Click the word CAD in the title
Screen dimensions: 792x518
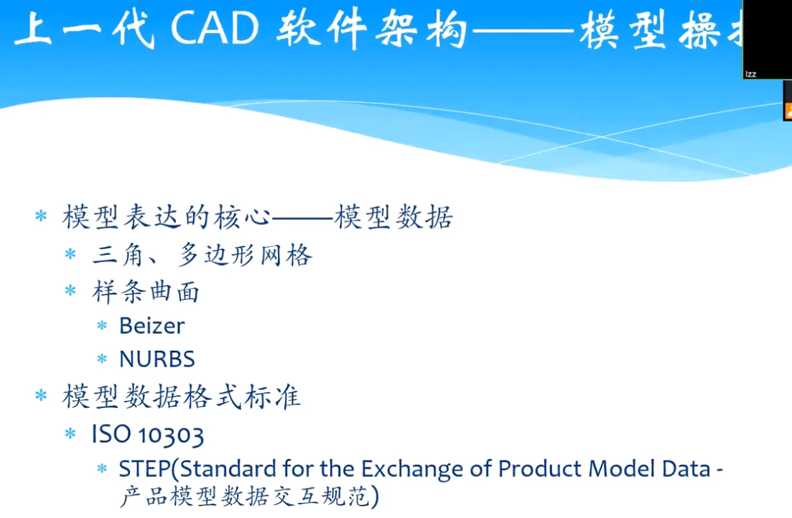point(215,28)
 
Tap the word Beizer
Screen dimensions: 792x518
point(152,326)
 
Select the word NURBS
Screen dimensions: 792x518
point(157,359)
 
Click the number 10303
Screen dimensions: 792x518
point(171,435)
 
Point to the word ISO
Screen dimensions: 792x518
point(111,434)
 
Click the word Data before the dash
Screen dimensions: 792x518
point(686,469)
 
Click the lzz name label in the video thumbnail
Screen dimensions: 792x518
point(750,74)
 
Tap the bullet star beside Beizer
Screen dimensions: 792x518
point(102,325)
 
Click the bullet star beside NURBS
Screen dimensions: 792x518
point(102,359)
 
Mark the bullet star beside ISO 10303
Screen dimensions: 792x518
point(70,433)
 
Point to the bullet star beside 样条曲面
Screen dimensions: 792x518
point(70,290)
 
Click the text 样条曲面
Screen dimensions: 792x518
point(146,292)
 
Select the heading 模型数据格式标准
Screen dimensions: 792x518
point(182,396)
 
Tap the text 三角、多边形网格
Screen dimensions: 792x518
point(202,255)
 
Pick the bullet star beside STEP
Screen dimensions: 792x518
point(102,468)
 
